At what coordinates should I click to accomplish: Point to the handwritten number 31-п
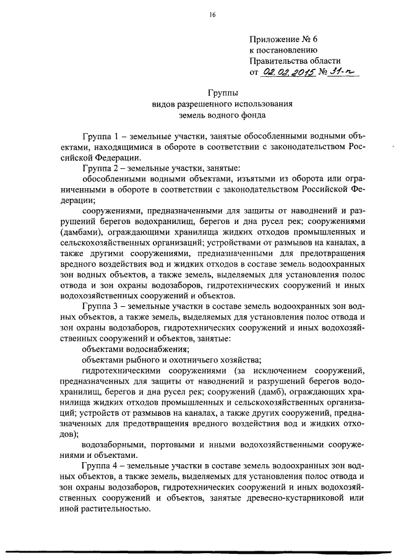click(343, 72)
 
